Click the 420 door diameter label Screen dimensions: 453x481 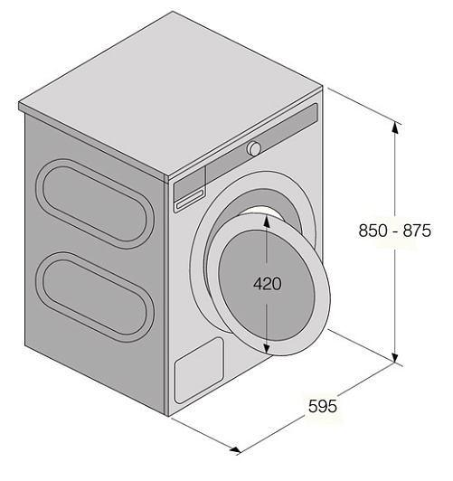267,284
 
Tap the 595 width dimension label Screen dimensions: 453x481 323,406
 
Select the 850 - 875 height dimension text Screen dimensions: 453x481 395,231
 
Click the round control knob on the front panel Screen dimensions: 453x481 254,148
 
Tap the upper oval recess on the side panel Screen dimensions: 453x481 95,203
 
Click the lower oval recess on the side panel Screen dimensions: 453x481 95,297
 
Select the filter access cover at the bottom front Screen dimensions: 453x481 199,371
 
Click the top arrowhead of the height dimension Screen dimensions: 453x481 395,127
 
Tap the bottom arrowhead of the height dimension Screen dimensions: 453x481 395,357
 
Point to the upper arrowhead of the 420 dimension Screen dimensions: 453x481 267,222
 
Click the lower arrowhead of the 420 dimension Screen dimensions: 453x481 267,346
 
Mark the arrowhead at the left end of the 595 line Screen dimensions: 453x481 236,449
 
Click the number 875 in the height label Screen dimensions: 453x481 417,231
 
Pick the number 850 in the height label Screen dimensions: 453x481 373,231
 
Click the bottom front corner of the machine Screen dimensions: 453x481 168,416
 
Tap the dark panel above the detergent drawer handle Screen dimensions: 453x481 190,183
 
